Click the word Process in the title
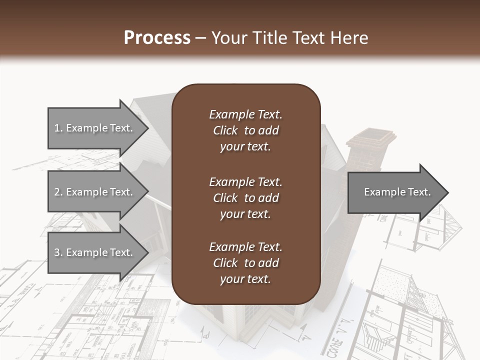[x=157, y=38]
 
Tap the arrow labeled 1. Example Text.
[x=95, y=128]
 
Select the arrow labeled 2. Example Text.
[x=95, y=192]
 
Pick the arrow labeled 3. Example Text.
[x=95, y=252]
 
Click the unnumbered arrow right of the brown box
[x=395, y=192]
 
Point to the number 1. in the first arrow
[x=58, y=128]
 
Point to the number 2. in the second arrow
[x=58, y=192]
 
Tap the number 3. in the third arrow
[x=58, y=252]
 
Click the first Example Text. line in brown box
[x=245, y=114]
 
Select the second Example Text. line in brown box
[x=245, y=181]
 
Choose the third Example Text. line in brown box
[x=245, y=247]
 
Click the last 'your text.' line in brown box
[x=245, y=279]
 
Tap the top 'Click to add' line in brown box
[x=245, y=130]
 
